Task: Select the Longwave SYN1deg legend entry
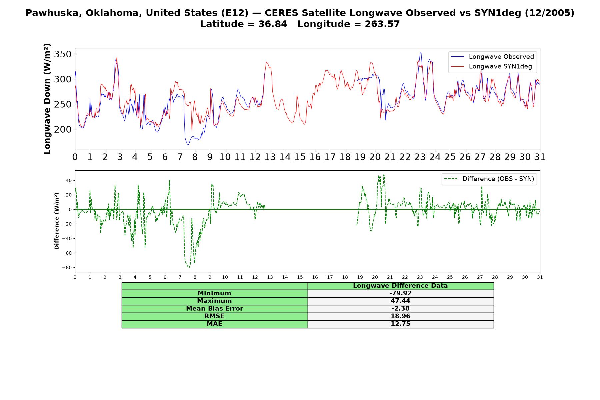[x=491, y=66]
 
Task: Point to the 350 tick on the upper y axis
[x=64, y=54]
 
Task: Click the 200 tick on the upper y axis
[x=64, y=129]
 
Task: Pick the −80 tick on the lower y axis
[x=67, y=268]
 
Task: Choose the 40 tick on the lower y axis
[x=69, y=180]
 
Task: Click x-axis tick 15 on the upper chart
[x=300, y=157]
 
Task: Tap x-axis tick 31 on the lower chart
[x=540, y=277]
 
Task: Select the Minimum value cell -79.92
[x=400, y=293]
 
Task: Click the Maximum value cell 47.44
[x=400, y=301]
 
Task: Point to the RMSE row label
[x=214, y=316]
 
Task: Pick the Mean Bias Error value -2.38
[x=400, y=309]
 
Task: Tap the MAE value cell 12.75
[x=400, y=324]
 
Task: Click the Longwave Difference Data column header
[x=400, y=286]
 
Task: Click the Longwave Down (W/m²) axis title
[x=47, y=99]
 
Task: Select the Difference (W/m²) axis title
[x=57, y=221]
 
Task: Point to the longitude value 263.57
[x=382, y=24]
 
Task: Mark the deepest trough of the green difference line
[x=189, y=267]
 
